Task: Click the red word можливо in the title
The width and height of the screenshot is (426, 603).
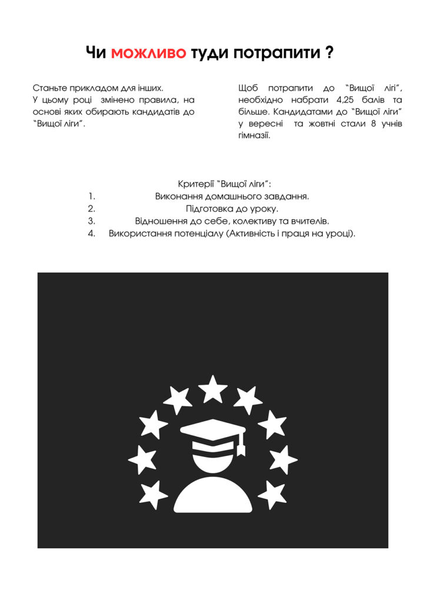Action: (x=148, y=54)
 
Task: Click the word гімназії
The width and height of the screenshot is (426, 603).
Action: (x=254, y=136)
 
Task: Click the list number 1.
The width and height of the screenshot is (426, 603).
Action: (x=92, y=196)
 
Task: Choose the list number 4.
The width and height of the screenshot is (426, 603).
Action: (x=92, y=234)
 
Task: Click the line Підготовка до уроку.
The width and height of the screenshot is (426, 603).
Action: (x=232, y=208)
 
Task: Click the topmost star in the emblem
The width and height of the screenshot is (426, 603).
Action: (x=213, y=389)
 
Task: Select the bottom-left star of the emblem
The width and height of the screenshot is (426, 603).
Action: (x=154, y=494)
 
